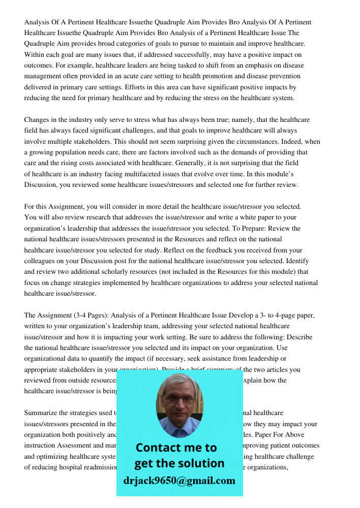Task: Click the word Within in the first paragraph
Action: pos(35,54)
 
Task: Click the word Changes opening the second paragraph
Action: pos(38,120)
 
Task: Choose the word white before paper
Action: pos(225,217)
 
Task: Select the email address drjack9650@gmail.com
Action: pos(179,481)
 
